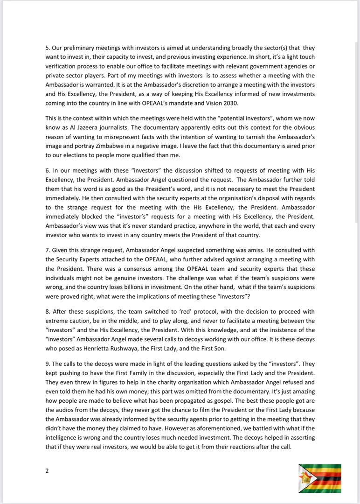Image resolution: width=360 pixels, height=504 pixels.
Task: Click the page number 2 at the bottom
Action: tap(47, 471)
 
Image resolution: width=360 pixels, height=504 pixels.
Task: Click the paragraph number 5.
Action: tap(47, 48)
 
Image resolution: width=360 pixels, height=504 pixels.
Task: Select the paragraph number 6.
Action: tap(47, 171)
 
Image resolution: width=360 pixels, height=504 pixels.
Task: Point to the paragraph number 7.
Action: tap(47, 250)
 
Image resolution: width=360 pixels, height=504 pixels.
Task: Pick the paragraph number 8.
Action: tap(47, 311)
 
